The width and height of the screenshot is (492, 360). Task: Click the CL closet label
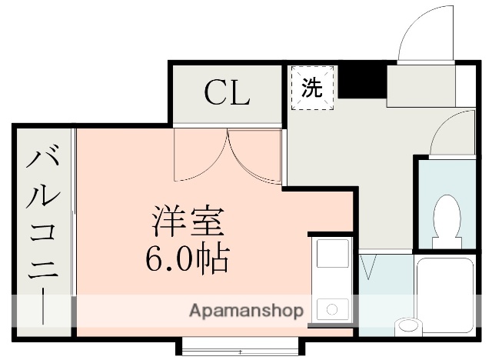[x=227, y=93]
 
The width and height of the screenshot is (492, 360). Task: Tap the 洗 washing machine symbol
[x=311, y=88]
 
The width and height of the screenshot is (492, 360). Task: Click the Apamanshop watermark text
[x=246, y=312]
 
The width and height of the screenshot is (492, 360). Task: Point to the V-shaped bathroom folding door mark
[x=367, y=267]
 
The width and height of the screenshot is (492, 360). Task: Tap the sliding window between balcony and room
[x=73, y=231]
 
